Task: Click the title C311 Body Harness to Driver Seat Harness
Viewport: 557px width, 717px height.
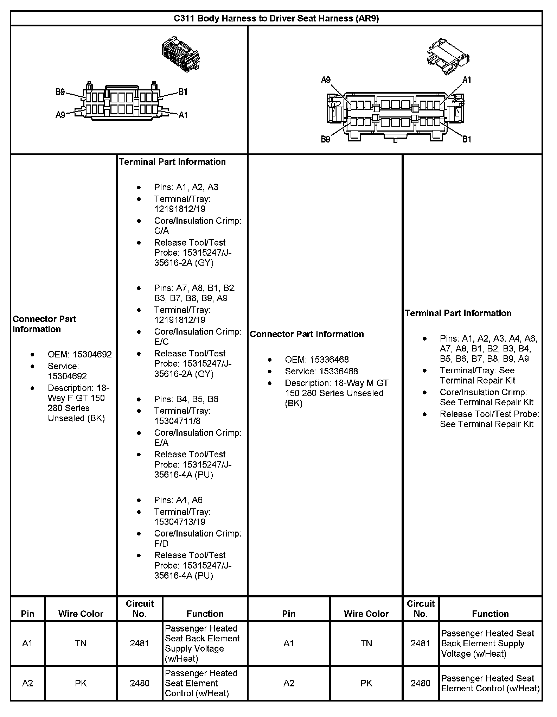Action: (x=276, y=18)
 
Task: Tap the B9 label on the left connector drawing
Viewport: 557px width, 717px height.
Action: (x=60, y=92)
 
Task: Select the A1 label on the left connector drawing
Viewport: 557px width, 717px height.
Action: (x=183, y=115)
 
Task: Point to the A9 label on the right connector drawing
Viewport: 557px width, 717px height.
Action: (x=326, y=80)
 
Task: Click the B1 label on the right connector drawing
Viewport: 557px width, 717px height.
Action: (x=467, y=139)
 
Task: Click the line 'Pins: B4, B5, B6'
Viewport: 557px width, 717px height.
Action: (x=186, y=399)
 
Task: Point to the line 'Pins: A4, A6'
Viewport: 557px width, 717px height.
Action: (x=178, y=500)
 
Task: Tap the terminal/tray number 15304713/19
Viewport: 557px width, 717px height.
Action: (x=180, y=522)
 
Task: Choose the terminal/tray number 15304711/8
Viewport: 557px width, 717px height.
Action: (x=177, y=421)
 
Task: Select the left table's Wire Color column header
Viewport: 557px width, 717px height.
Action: (x=81, y=614)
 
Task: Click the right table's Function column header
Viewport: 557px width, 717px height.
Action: (x=490, y=614)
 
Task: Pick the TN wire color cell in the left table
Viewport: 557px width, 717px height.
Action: (x=81, y=643)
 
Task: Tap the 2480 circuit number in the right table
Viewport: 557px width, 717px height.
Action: (x=421, y=683)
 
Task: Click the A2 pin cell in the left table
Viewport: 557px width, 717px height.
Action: (x=27, y=683)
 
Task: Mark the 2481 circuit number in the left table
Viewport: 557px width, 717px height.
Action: (x=140, y=643)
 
